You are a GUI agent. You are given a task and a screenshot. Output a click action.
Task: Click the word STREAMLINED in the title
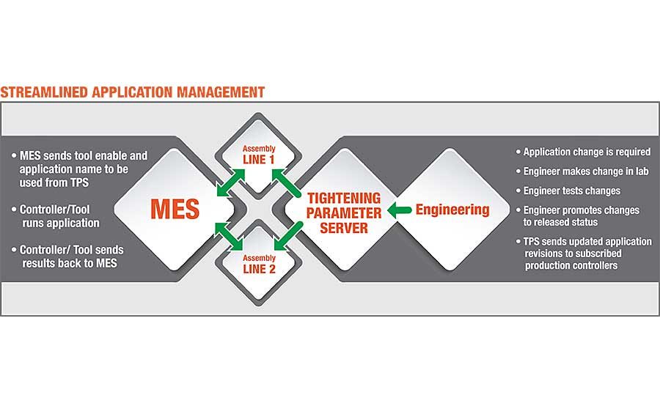coord(44,92)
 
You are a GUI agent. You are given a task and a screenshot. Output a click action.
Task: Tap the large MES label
coord(175,210)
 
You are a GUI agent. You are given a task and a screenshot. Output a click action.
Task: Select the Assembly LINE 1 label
coord(258,155)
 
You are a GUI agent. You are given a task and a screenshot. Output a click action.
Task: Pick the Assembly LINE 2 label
coord(259,265)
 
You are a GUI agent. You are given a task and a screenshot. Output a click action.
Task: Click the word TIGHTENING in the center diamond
coord(344,198)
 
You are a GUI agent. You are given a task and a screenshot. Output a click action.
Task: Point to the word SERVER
coord(344,228)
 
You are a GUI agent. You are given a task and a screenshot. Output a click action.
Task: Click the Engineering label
coord(452,210)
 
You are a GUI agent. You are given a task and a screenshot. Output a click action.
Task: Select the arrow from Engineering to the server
coord(399,210)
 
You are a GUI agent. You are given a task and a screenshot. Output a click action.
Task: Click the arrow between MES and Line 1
coord(231,182)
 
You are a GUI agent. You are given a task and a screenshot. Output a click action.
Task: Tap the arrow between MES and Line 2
coord(229,237)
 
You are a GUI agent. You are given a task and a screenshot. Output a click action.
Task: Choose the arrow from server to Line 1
coord(286,182)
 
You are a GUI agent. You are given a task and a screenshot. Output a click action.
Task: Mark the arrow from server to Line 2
coord(288,236)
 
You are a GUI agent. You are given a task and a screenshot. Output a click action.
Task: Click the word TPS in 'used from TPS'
coord(79,182)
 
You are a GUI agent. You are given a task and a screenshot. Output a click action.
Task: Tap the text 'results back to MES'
coord(70,263)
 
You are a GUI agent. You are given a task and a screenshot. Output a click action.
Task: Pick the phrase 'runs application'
coord(61,223)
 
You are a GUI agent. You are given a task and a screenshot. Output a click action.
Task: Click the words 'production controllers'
coord(571,265)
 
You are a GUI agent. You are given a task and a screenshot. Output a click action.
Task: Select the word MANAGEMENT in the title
coord(221,92)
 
